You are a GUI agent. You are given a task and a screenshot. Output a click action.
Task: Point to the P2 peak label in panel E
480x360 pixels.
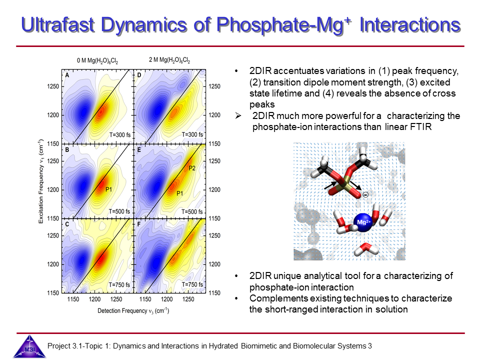click(192, 168)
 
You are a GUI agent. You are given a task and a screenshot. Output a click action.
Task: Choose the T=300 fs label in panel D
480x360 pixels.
click(192, 135)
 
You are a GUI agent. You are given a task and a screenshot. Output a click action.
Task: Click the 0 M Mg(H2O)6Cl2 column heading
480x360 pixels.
click(97, 61)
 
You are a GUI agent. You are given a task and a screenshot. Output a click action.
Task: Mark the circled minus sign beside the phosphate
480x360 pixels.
click(365, 194)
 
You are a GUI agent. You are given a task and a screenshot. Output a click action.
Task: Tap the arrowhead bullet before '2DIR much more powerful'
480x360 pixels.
click(238, 116)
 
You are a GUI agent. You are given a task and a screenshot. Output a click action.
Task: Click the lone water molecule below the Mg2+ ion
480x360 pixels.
click(365, 248)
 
